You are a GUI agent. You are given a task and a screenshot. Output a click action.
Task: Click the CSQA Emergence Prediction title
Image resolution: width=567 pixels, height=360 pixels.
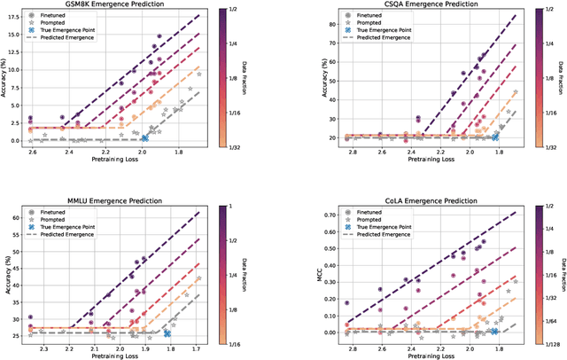[x=407, y=4]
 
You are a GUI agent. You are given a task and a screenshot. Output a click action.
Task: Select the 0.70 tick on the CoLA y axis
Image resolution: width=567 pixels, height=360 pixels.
[x=307, y=215]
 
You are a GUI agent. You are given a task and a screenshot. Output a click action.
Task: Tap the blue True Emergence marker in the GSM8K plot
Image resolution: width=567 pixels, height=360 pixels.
[x=144, y=137]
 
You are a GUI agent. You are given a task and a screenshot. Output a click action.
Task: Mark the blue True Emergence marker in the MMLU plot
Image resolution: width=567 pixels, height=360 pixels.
[x=167, y=333]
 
